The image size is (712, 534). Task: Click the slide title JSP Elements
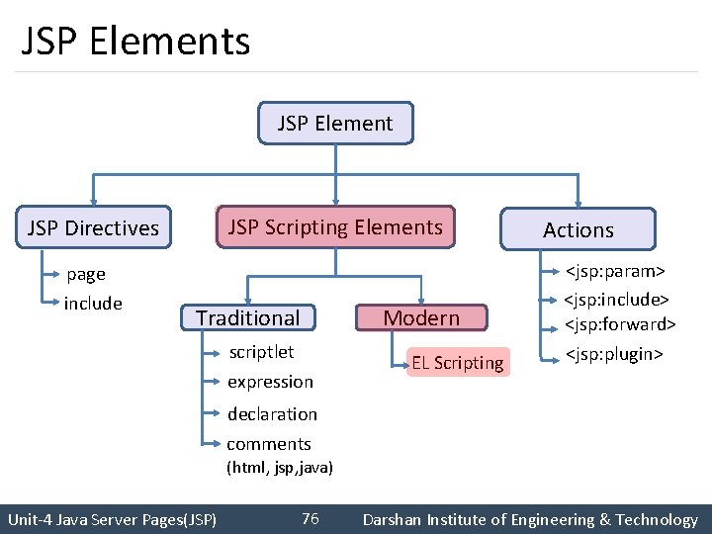click(x=135, y=42)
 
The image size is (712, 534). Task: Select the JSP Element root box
click(x=335, y=124)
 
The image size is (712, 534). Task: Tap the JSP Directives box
click(x=94, y=228)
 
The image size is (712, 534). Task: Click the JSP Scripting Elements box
click(x=335, y=227)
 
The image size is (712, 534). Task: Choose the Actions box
click(x=578, y=229)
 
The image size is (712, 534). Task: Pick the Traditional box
click(x=247, y=317)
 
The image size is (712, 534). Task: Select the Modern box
click(x=421, y=317)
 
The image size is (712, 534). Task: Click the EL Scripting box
click(x=458, y=363)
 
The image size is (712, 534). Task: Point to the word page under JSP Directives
click(x=86, y=274)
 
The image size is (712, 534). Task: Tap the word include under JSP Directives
click(x=93, y=304)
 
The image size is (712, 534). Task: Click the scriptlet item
click(x=261, y=352)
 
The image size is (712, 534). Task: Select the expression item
click(x=270, y=382)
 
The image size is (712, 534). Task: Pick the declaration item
click(x=272, y=414)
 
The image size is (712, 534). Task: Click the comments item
click(x=269, y=444)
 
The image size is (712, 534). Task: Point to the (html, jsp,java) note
click(x=280, y=467)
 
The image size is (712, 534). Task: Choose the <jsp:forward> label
click(x=620, y=324)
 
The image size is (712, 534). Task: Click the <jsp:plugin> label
click(x=613, y=354)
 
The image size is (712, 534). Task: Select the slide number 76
click(x=310, y=519)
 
